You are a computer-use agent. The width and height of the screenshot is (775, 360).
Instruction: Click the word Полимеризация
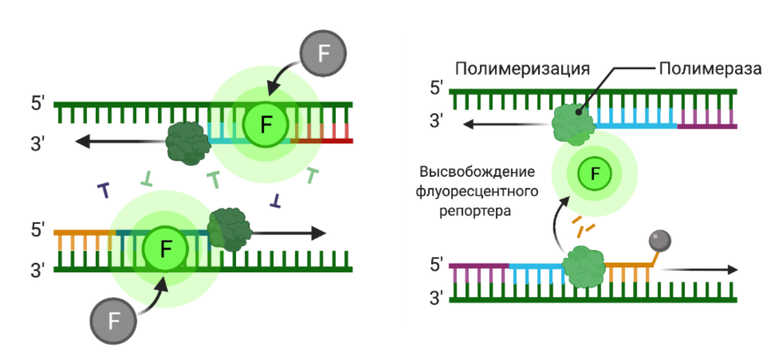coord(523,69)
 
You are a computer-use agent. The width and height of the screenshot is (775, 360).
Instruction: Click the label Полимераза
coord(710,69)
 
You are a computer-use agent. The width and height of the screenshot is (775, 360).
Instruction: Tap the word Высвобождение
coord(477,172)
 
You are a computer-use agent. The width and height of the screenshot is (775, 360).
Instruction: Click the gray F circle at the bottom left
coord(114,320)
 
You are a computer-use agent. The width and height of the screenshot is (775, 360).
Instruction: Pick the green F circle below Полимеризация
coord(595,174)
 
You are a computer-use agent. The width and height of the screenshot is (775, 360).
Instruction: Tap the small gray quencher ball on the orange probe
coord(660,240)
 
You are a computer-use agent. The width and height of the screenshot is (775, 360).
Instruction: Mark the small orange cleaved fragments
coord(584,226)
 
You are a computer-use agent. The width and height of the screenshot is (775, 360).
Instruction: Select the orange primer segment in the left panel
coord(85,233)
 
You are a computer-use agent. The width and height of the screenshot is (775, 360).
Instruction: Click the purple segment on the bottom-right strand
coord(479,266)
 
